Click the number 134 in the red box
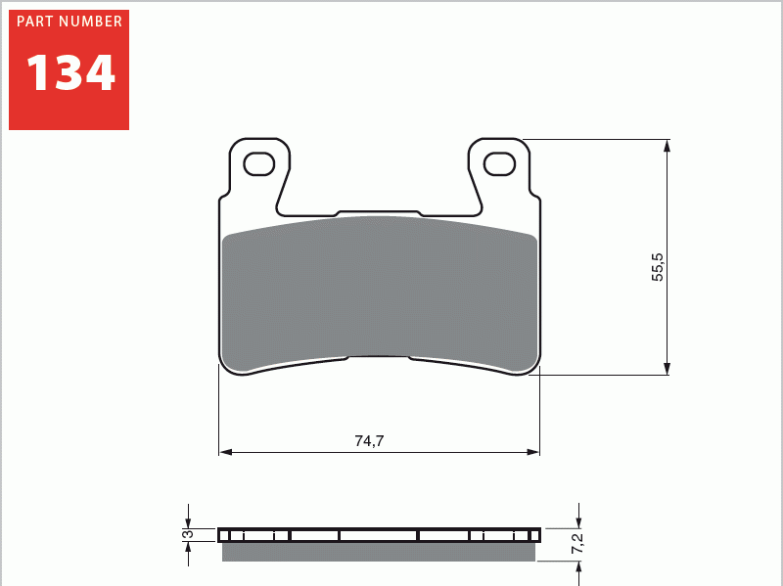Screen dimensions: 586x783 70,73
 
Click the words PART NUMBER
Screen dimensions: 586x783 69,22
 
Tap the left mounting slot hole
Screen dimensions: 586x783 259,163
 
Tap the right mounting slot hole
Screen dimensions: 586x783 499,163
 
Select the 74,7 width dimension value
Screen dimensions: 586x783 369,441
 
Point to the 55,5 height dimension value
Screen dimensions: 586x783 658,267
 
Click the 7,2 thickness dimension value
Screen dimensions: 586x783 577,545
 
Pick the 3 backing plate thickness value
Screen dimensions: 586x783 185,534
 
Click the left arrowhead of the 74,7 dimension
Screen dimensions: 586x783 224,452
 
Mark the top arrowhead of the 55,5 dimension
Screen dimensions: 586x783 668,145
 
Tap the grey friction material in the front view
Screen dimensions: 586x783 380,293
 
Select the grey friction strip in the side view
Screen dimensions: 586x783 379,553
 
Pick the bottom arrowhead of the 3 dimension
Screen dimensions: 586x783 188,546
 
